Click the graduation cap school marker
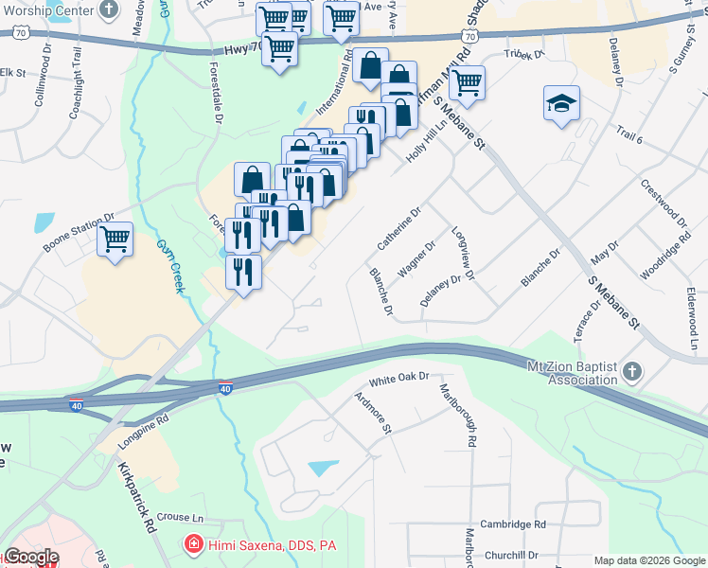click(x=561, y=103)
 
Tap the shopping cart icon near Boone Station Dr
click(x=115, y=239)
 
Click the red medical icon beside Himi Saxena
click(x=193, y=544)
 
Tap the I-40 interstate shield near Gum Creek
click(x=223, y=388)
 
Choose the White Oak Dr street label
click(x=399, y=378)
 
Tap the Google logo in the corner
click(x=31, y=558)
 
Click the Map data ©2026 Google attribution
click(x=648, y=560)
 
